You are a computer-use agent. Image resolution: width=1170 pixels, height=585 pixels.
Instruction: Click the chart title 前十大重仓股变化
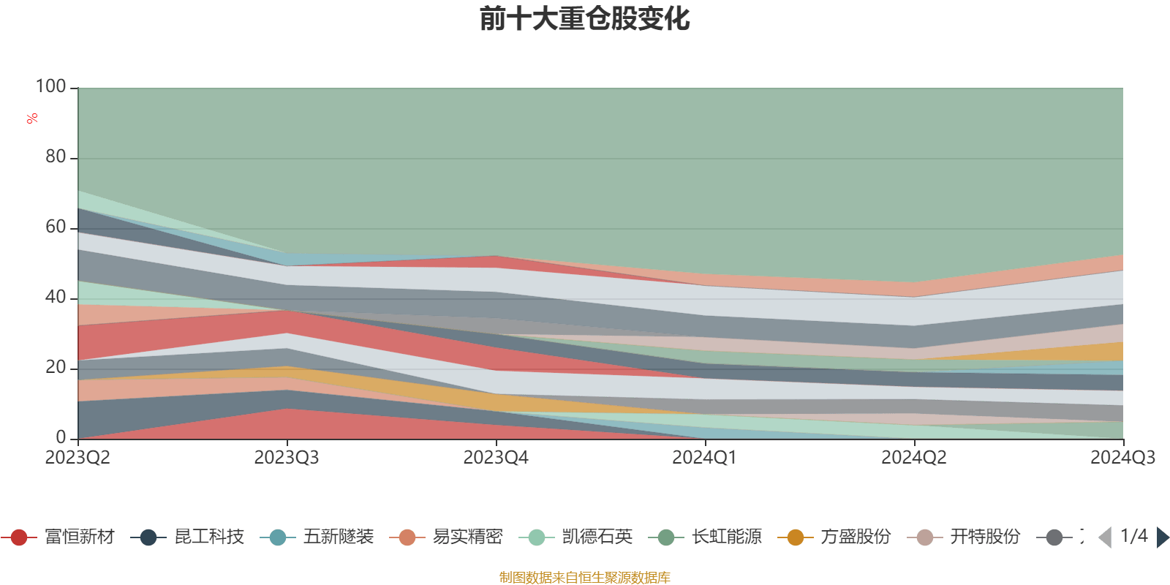584,19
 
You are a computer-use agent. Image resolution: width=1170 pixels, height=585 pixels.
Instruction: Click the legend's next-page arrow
1163,537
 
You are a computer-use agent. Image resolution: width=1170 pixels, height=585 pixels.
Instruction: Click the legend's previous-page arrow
1105,537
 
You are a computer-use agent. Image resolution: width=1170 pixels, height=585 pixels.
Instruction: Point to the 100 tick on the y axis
51,86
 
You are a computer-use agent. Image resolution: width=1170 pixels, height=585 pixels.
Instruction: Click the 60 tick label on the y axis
56,227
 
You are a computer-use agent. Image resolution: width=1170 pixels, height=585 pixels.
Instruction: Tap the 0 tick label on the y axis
61,437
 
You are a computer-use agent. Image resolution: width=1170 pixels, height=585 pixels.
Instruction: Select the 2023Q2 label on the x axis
78,458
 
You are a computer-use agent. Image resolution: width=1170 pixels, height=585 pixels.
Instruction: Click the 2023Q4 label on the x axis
496,458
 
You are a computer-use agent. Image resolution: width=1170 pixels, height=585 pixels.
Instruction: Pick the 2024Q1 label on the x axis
705,458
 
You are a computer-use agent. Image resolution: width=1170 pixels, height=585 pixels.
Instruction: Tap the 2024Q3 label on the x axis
1122,458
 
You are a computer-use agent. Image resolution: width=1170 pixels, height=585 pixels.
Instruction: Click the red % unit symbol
32,118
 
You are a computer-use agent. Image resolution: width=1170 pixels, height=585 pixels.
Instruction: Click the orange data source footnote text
584,578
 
